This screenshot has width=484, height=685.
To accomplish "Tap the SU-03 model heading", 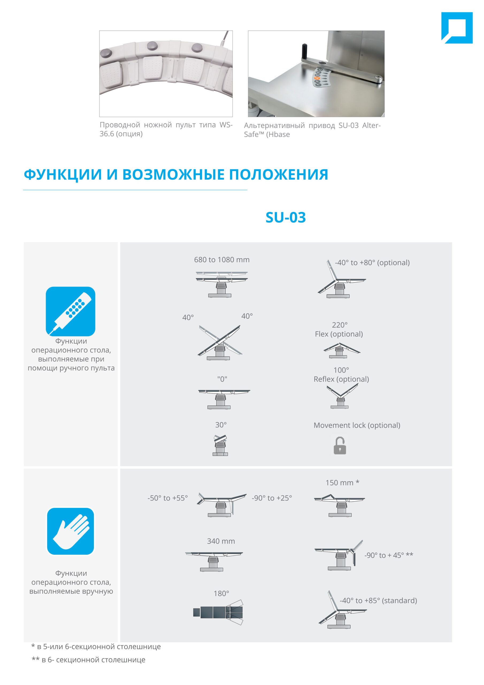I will [285, 218].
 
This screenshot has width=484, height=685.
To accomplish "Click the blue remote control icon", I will [70, 311].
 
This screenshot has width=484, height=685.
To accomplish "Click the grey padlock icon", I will [340, 446].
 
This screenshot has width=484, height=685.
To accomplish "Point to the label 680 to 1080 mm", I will [222, 260].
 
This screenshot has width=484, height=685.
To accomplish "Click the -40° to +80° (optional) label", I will [372, 262].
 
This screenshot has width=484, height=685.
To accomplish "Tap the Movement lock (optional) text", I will [357, 425].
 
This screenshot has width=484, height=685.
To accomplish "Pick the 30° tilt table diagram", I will [220, 445].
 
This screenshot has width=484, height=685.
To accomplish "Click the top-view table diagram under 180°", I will [218, 612].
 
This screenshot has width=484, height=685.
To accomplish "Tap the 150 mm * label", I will [342, 483].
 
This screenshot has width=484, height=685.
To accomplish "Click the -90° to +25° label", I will [272, 498].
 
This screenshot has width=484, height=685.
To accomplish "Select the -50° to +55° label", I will [168, 498].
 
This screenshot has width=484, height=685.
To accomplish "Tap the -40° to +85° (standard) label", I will [378, 600].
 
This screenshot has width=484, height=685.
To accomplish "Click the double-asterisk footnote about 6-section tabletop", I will [89, 660].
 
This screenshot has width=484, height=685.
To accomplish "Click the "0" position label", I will [222, 379].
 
